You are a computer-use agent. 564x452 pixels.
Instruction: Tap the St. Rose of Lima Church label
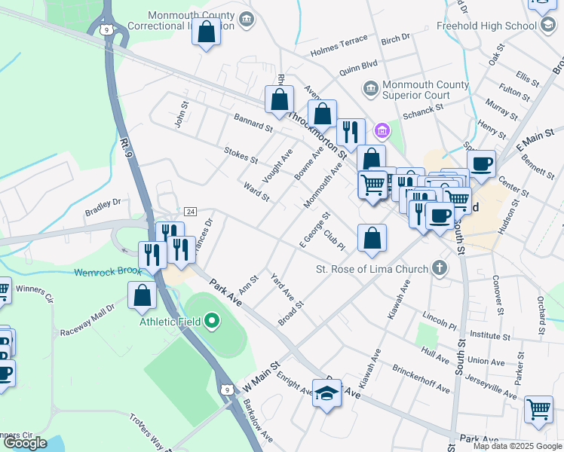point(372,269)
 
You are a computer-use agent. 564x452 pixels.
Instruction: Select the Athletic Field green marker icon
point(212,322)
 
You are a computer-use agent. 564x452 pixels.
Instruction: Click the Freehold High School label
point(489,26)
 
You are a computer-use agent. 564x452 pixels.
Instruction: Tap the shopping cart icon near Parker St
point(538,409)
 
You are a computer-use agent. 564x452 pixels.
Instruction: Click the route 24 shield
point(190,211)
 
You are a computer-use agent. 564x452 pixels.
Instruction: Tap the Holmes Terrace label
point(339,47)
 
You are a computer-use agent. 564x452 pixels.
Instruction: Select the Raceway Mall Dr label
point(90,312)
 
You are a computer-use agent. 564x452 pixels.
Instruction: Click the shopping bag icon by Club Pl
point(372,238)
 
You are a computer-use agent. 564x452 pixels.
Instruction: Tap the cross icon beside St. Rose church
point(439,268)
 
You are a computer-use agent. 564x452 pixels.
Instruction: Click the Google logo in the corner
point(25,443)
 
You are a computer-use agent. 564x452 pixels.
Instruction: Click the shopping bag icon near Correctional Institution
point(205,32)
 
